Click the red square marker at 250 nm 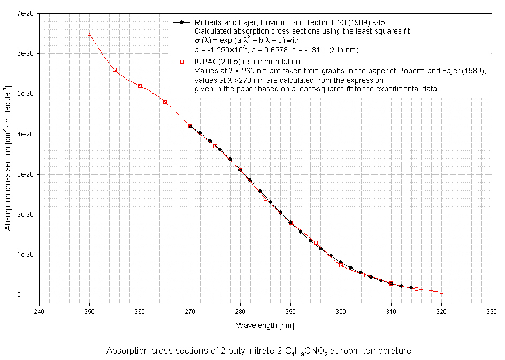[x=89, y=34]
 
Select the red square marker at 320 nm [x=441, y=292]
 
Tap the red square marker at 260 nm [x=140, y=86]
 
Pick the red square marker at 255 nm [x=114, y=70]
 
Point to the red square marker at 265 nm [x=165, y=102]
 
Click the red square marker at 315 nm [x=416, y=289]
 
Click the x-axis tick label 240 [x=39, y=311]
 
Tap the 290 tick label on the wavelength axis [x=290, y=311]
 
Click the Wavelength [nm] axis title [x=265, y=325]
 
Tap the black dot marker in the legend [x=182, y=22]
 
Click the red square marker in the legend [x=182, y=62]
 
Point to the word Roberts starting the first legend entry [x=208, y=22]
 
